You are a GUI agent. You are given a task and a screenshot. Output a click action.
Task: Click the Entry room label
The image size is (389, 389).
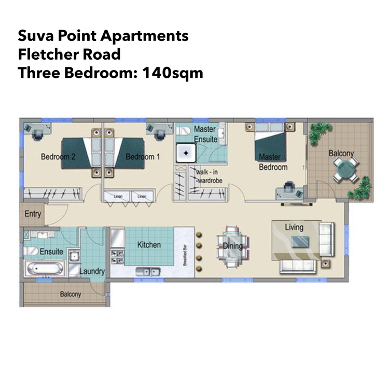coord(33,214)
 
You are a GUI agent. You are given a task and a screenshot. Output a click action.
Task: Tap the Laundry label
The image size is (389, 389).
coord(93,271)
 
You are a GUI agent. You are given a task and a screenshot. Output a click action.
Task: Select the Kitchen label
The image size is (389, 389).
coord(149,245)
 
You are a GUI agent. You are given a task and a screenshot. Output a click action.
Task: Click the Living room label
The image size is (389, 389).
coord(294,228)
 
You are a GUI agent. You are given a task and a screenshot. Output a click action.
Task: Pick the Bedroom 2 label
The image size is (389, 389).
coord(58,157)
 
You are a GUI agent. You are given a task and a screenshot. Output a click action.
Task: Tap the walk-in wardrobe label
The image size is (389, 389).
coord(207,175)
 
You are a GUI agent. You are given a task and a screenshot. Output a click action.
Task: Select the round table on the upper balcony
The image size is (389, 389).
coord(345,169)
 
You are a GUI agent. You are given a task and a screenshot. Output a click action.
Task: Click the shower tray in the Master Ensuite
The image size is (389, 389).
coord(185,153)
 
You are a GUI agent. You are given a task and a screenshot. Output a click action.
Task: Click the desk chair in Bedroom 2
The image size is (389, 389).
coord(37,133)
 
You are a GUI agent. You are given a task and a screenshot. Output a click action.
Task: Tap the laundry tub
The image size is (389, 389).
coord(74,255)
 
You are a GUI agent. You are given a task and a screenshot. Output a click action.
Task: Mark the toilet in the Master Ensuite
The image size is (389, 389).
coord(183,133)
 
